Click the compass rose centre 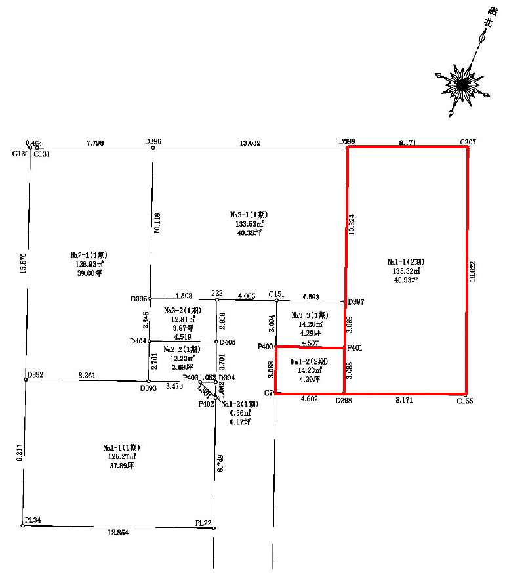point(463,83)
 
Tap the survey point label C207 point(468,141)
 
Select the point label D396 point(153,141)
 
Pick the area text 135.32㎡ point(407,270)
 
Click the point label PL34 point(33,520)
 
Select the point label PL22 point(204,523)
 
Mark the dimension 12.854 point(119,533)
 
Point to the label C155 point(466,400)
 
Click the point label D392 point(35,375)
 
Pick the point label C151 point(277,294)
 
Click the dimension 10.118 point(157,223)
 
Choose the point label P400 point(265,347)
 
